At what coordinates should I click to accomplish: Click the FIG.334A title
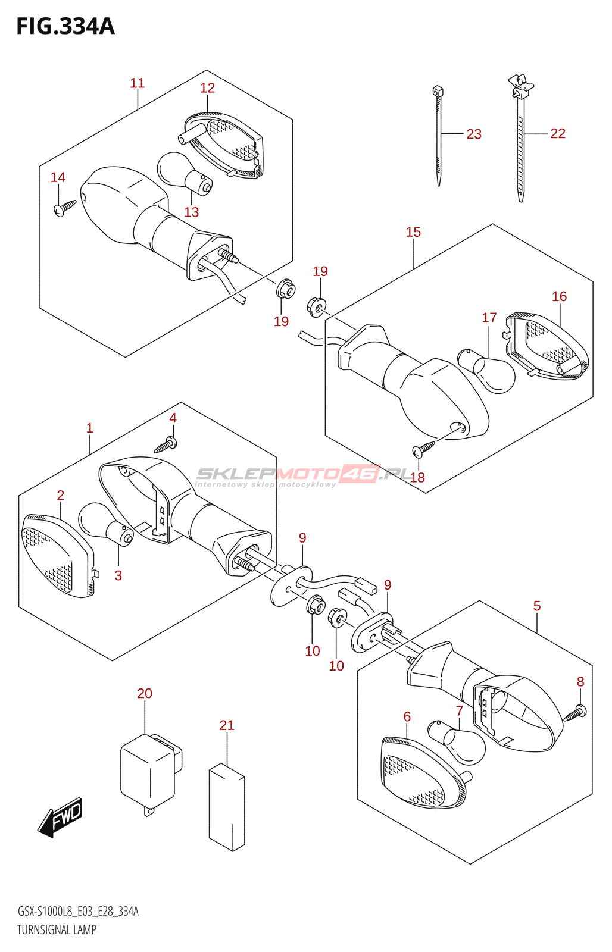click(x=65, y=27)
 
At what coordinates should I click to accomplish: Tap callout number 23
click(x=474, y=134)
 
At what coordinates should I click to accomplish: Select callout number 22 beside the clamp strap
click(x=558, y=134)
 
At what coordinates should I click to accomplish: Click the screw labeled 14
click(x=64, y=207)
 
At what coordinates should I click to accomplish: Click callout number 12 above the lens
click(x=207, y=88)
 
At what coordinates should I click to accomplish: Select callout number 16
click(x=559, y=296)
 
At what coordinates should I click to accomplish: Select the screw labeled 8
click(x=576, y=712)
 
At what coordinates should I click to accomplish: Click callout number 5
click(x=536, y=606)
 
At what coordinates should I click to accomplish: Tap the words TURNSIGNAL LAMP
click(x=57, y=929)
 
